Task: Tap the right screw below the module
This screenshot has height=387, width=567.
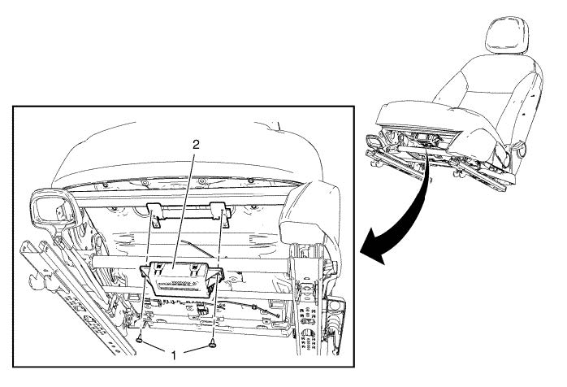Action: pos(214,343)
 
